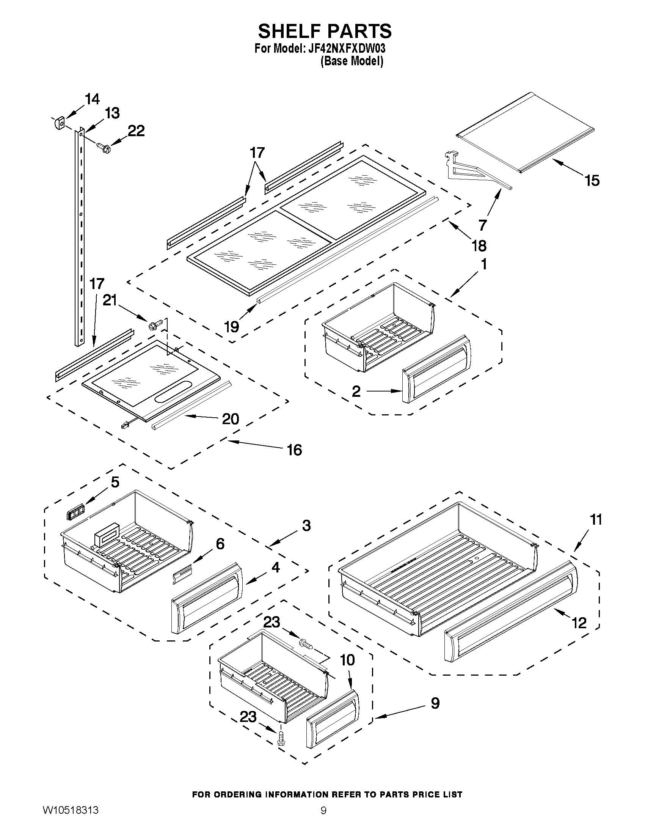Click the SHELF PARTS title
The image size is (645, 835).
point(325,31)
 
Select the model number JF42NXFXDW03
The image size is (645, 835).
point(347,49)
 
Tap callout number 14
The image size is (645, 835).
point(92,99)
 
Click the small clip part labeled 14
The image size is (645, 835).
point(58,123)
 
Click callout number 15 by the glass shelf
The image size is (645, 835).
point(592,181)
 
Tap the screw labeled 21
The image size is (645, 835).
point(155,325)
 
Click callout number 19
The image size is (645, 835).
point(232,327)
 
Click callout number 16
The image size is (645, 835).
point(294,450)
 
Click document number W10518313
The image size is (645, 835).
point(70,821)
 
